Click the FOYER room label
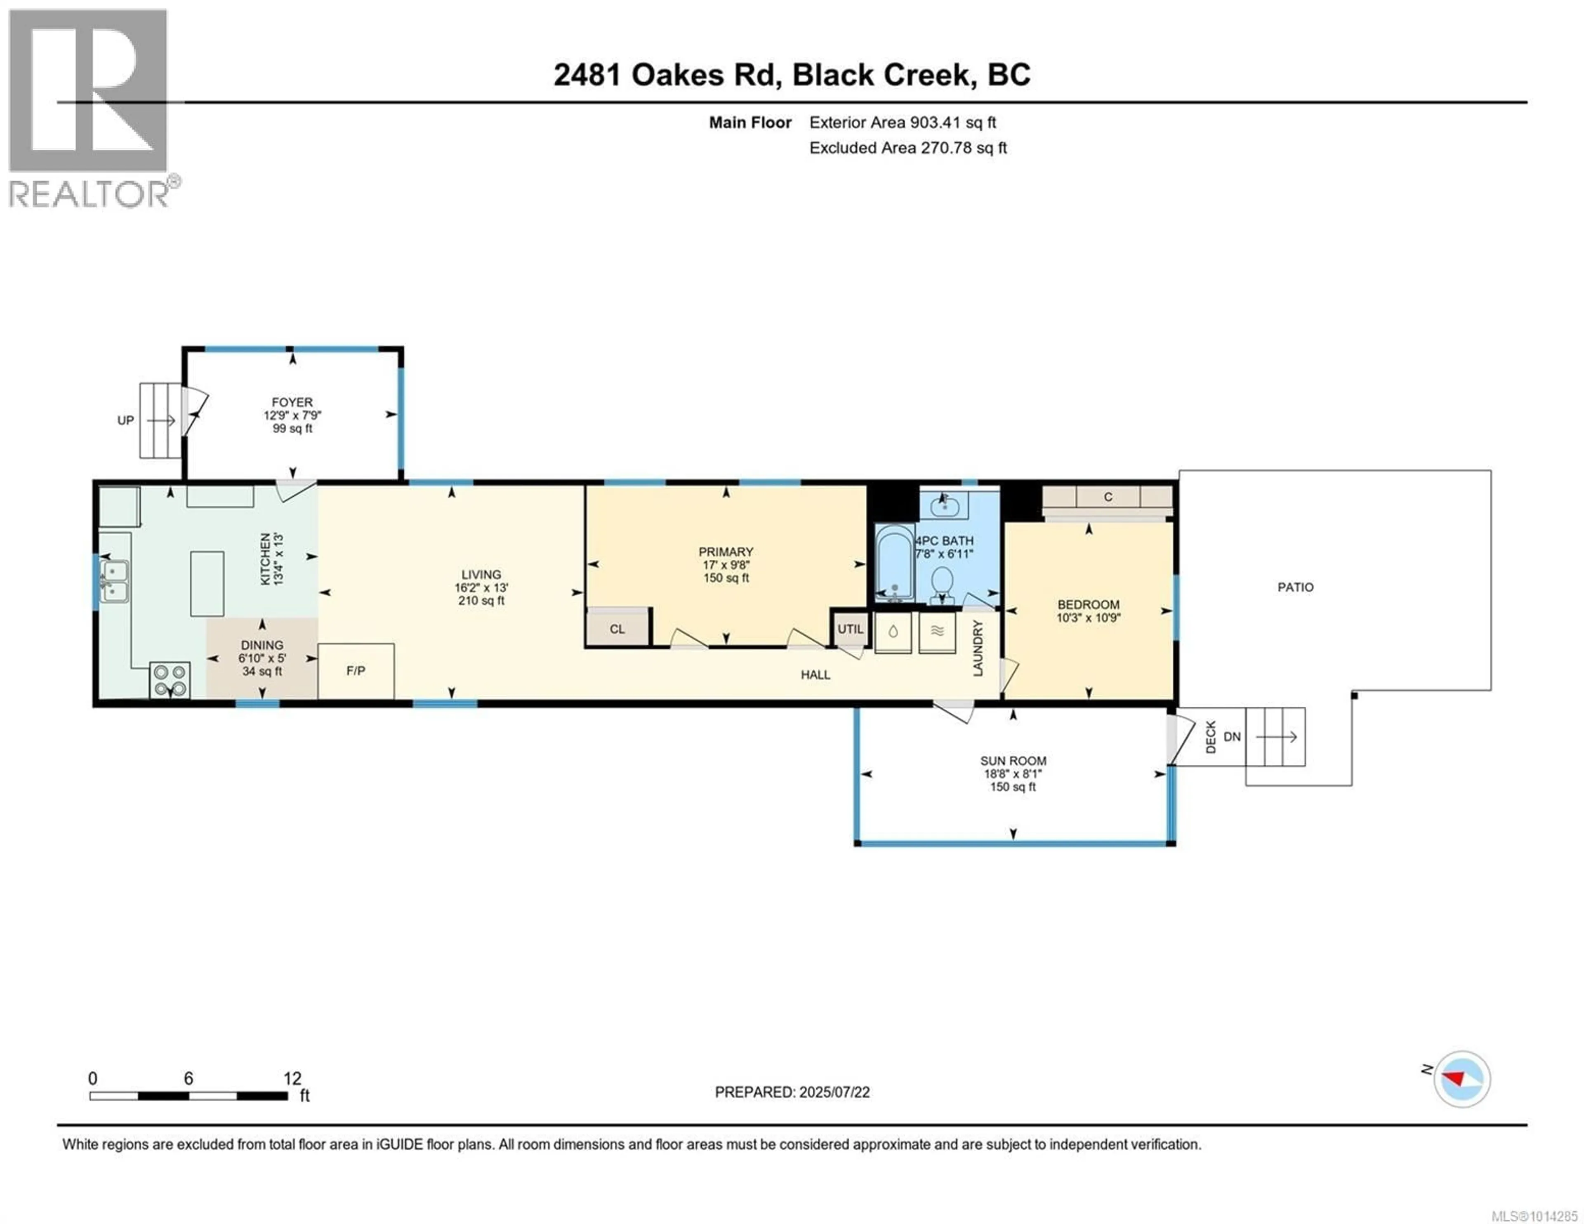(x=292, y=402)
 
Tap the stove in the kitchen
(x=170, y=680)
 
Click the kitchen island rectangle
(x=207, y=583)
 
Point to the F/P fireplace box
(x=356, y=671)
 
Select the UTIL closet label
(x=851, y=629)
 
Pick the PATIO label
(x=1295, y=587)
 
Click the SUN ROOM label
(x=1013, y=760)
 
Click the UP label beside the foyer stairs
(x=125, y=420)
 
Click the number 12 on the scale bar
(x=292, y=1078)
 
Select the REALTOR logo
(x=92, y=109)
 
